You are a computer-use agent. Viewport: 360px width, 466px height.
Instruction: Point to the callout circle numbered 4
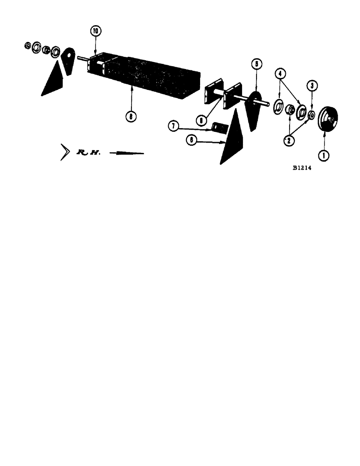pos(279,74)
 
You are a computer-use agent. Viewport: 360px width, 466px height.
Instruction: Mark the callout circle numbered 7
pos(173,125)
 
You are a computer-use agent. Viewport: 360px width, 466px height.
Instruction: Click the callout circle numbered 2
pos(290,139)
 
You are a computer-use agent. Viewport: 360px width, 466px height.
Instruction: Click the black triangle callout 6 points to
pos(230,140)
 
